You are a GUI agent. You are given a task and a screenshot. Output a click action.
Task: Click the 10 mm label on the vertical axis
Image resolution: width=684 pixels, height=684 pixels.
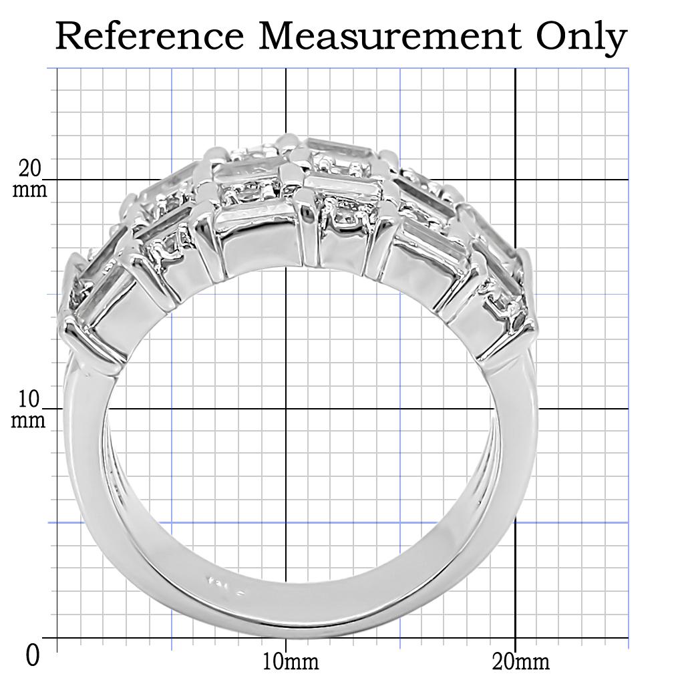(x=30, y=409)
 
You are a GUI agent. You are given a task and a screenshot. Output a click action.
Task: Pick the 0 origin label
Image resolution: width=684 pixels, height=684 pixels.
(x=33, y=655)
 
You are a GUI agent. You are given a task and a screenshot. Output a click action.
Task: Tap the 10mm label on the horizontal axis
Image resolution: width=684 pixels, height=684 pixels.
(x=290, y=662)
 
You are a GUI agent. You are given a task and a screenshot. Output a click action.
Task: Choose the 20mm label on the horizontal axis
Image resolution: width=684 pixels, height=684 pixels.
(x=520, y=662)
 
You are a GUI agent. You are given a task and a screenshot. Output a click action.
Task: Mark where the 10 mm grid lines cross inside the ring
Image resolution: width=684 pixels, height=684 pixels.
(x=286, y=409)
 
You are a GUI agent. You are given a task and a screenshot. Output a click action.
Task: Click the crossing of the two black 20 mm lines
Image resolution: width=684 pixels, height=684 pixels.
(x=515, y=179)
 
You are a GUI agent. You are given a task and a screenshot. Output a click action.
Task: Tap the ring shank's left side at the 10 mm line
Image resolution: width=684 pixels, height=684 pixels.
(x=85, y=409)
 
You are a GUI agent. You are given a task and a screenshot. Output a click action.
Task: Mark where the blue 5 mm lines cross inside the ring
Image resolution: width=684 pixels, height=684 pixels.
(x=172, y=522)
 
